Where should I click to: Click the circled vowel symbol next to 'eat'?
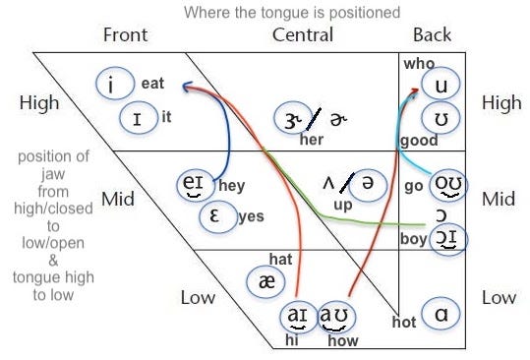pyautogui.click(x=114, y=84)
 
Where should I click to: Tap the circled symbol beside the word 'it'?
pyautogui.click(x=137, y=118)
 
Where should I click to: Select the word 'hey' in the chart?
pyautogui.click(x=232, y=185)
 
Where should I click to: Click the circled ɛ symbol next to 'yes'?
pyautogui.click(x=216, y=215)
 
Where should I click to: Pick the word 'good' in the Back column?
pyautogui.click(x=419, y=141)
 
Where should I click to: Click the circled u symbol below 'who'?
pyautogui.click(x=441, y=86)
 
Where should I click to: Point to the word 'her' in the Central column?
pyautogui.click(x=312, y=140)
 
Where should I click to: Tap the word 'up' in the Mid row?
pyautogui.click(x=342, y=205)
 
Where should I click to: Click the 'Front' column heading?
pyautogui.click(x=125, y=35)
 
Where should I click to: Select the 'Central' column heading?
pyautogui.click(x=302, y=35)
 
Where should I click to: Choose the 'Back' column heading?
pyautogui.click(x=433, y=35)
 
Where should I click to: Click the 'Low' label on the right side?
pyautogui.click(x=499, y=296)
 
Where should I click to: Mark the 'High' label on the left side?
pyautogui.click(x=38, y=102)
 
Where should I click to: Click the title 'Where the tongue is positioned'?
pyautogui.click(x=291, y=13)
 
